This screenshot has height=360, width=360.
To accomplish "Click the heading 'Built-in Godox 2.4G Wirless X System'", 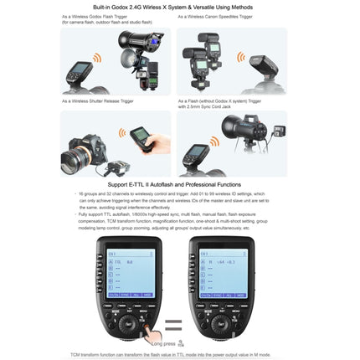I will point(179,7).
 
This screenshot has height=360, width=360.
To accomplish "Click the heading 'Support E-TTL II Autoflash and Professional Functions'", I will point(179,184).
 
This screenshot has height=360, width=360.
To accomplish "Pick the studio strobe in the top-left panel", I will point(134,42).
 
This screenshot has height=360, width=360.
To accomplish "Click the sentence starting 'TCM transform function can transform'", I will point(179,354).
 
